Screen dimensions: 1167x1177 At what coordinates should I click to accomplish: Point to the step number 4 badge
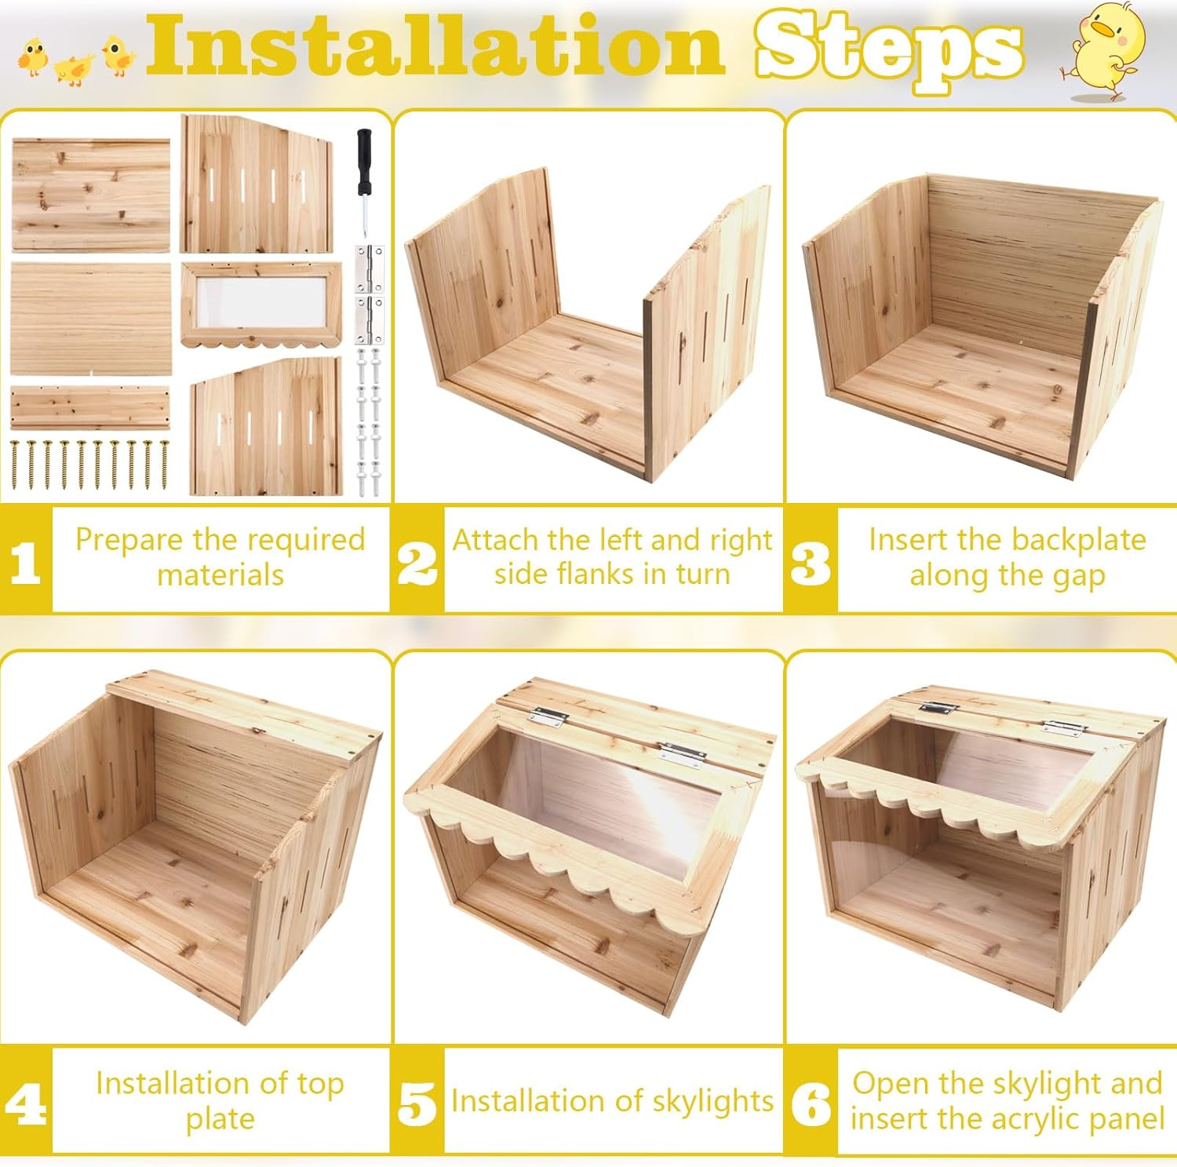click(25, 1102)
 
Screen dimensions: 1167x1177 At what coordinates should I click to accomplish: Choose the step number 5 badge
click(417, 1102)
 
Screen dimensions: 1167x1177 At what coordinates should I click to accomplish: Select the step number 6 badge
click(811, 1102)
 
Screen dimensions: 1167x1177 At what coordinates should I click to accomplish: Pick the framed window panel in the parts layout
click(261, 304)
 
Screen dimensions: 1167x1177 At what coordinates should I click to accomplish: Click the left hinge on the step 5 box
click(546, 715)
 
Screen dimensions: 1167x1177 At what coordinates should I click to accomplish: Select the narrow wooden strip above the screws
click(90, 407)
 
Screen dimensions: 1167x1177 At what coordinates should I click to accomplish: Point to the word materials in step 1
click(220, 575)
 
